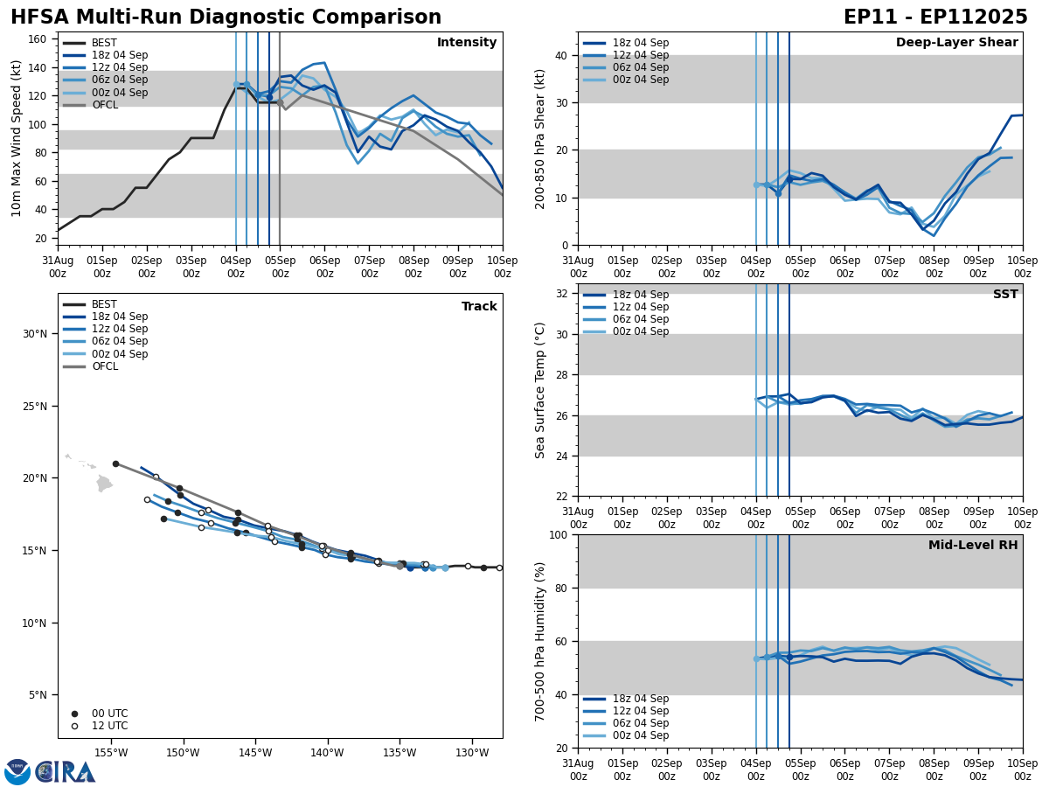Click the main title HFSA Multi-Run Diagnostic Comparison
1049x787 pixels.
pyautogui.click(x=226, y=17)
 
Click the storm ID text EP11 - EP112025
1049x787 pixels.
pyautogui.click(x=935, y=17)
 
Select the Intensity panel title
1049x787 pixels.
pyautogui.click(x=467, y=43)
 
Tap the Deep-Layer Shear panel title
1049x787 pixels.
pyautogui.click(x=956, y=43)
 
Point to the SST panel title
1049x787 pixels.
pyautogui.click(x=1005, y=295)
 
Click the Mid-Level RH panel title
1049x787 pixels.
pyautogui.click(x=973, y=546)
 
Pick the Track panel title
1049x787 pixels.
pyautogui.click(x=479, y=307)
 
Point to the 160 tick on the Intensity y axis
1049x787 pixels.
pyautogui.click(x=38, y=39)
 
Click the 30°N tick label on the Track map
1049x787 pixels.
pyautogui.click(x=35, y=334)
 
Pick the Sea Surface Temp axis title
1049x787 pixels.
pyautogui.click(x=540, y=390)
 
